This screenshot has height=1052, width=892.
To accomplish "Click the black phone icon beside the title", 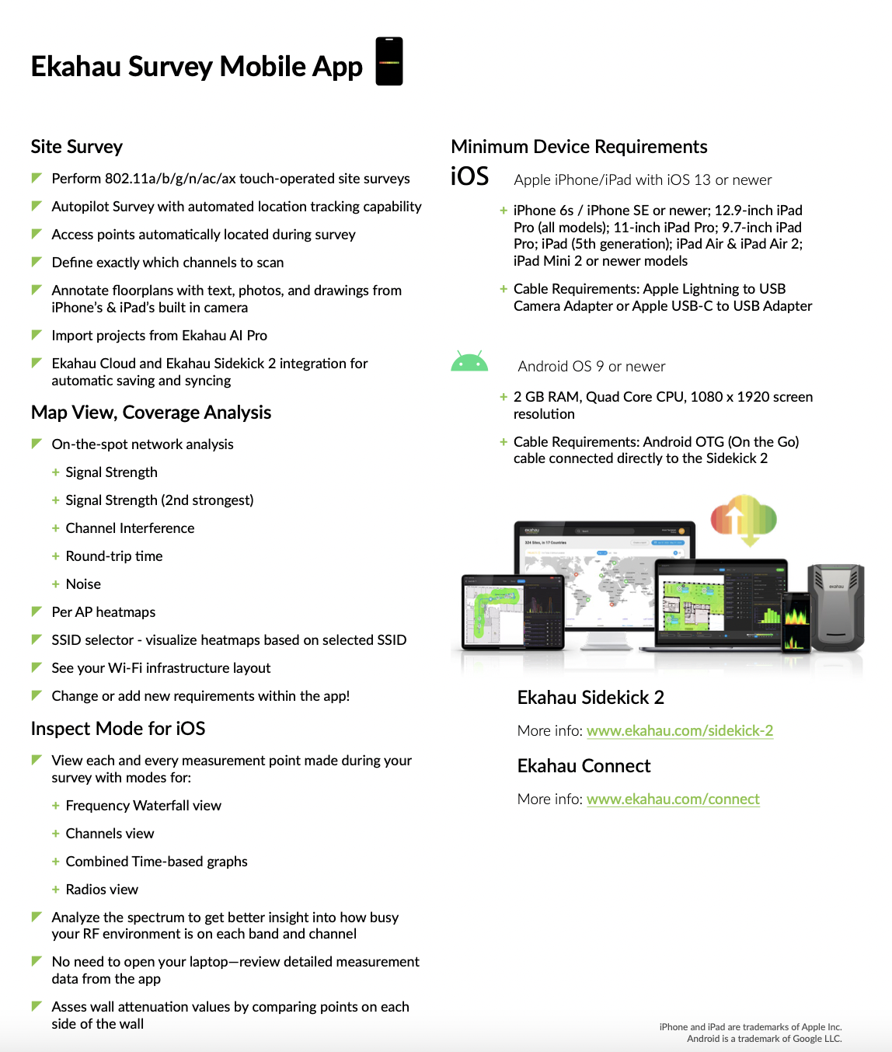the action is [389, 61].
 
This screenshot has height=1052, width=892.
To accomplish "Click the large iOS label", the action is [469, 176].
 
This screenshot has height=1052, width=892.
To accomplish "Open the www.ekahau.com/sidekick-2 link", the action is [680, 730].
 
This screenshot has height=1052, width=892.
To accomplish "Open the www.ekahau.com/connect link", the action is [673, 799].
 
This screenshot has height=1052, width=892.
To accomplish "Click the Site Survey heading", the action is [76, 147].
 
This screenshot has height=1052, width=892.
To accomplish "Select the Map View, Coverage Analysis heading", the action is [151, 413].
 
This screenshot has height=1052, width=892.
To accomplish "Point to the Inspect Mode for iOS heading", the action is [117, 729].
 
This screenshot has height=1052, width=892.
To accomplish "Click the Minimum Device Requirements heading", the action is [579, 147].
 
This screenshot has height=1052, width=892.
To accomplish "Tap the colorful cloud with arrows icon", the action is [744, 520].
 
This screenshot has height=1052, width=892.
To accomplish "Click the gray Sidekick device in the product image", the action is [837, 608].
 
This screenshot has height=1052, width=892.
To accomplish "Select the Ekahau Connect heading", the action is [584, 766].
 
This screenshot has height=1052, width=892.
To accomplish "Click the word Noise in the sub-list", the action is [83, 584].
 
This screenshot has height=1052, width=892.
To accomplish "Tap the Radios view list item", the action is [102, 890].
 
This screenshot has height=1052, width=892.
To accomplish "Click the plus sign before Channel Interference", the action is [55, 528].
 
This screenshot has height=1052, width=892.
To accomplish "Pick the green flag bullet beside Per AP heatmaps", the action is [37, 611].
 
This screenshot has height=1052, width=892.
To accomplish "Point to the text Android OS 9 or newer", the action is [591, 367].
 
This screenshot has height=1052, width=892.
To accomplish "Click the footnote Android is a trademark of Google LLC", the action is [765, 1039].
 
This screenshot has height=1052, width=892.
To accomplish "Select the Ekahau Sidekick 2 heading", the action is [591, 698].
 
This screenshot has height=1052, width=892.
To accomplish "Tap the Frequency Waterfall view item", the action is [144, 806].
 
